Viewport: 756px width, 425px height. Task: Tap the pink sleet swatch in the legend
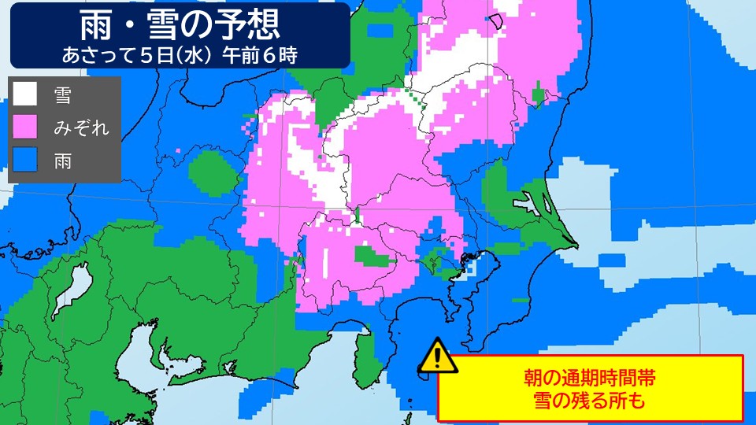click(24, 126)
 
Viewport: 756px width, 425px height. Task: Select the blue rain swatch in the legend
click(24, 161)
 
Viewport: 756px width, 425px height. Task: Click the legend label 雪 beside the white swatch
click(62, 95)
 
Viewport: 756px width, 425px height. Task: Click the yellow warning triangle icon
click(435, 357)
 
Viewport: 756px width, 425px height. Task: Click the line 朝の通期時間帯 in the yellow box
click(590, 378)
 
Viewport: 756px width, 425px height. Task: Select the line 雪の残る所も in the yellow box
click(590, 401)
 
